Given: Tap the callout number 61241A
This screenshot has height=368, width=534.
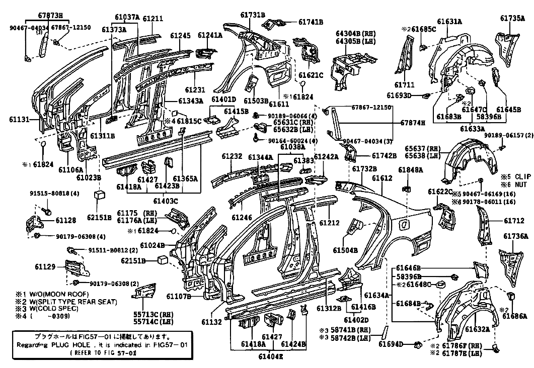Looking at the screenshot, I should (210, 35).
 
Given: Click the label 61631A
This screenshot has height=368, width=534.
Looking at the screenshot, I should (449, 22).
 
